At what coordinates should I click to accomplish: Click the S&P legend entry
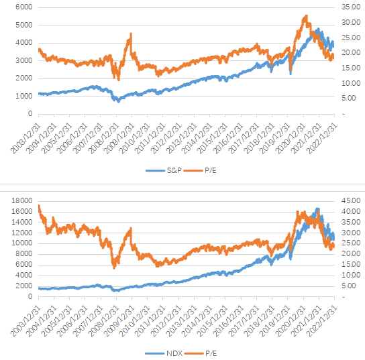[x=164, y=170]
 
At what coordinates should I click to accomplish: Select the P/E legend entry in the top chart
[x=200, y=170]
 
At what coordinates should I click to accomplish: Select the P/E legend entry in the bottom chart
[x=201, y=353]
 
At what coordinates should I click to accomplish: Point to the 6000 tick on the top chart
[x=24, y=7]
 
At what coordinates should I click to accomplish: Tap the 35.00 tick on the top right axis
[x=351, y=7]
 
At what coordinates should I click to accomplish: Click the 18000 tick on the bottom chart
[x=22, y=200]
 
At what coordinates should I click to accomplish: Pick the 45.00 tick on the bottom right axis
[x=351, y=200]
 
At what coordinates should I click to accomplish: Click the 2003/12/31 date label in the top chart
[x=25, y=139]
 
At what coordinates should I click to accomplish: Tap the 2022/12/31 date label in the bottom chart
[x=321, y=322]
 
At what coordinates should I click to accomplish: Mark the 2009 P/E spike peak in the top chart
[x=131, y=34]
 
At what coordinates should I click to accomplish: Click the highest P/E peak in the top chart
[x=306, y=16]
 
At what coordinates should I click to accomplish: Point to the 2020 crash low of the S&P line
[x=291, y=74]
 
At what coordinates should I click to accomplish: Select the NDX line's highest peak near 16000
[x=317, y=209]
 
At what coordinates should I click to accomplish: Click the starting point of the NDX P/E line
[x=39, y=206]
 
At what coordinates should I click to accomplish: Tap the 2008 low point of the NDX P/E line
[x=114, y=268]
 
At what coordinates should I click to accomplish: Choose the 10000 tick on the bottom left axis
[x=22, y=243]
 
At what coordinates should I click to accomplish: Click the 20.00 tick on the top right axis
[x=351, y=52]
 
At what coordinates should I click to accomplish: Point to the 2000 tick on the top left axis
[x=24, y=78]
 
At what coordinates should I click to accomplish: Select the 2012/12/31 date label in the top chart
[x=166, y=139]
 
